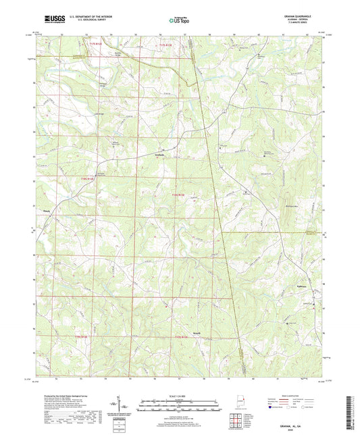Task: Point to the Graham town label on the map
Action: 156,155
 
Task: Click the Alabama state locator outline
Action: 241,404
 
